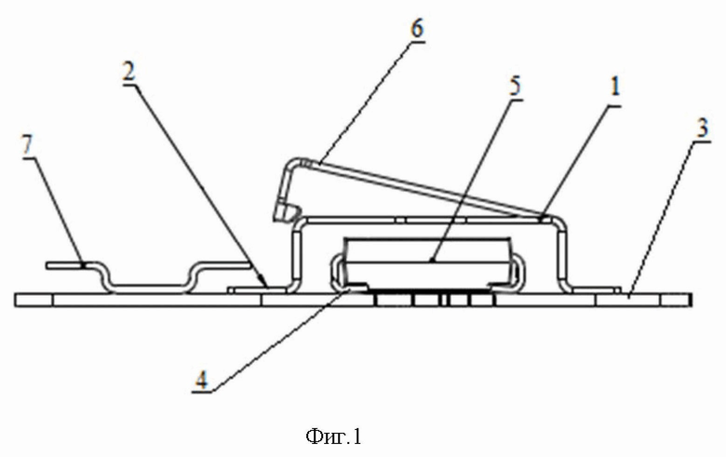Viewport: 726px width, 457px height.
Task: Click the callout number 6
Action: pyautogui.click(x=416, y=28)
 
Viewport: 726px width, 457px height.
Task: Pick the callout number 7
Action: pyautogui.click(x=26, y=145)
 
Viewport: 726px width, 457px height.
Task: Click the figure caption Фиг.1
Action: pyautogui.click(x=332, y=436)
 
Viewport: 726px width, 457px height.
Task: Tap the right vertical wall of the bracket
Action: pyautogui.click(x=562, y=251)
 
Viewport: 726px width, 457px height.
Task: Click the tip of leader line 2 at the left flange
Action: pyautogui.click(x=267, y=285)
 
